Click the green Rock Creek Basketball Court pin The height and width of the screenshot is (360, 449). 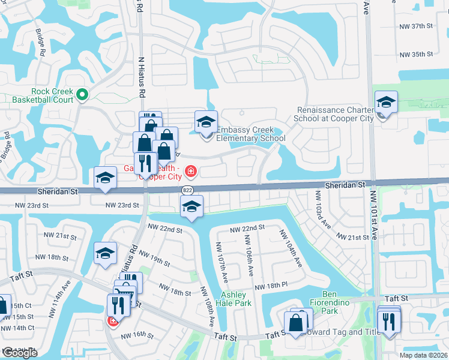[x=82, y=94]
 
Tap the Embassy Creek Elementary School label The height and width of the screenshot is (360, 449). [x=250, y=134]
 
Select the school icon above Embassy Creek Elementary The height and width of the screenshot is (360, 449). [x=206, y=122]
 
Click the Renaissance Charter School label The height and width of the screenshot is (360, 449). [x=336, y=114]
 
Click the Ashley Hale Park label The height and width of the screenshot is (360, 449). [x=236, y=299]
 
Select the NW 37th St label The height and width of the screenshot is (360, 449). [x=416, y=26]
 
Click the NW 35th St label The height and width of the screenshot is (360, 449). [x=416, y=55]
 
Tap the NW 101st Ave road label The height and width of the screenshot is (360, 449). [x=373, y=215]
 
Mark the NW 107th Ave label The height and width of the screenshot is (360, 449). [x=221, y=261]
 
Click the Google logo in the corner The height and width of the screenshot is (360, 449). [x=20, y=353]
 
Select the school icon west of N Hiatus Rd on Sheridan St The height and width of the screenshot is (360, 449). [x=105, y=178]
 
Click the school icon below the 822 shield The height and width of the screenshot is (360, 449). [x=191, y=208]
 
